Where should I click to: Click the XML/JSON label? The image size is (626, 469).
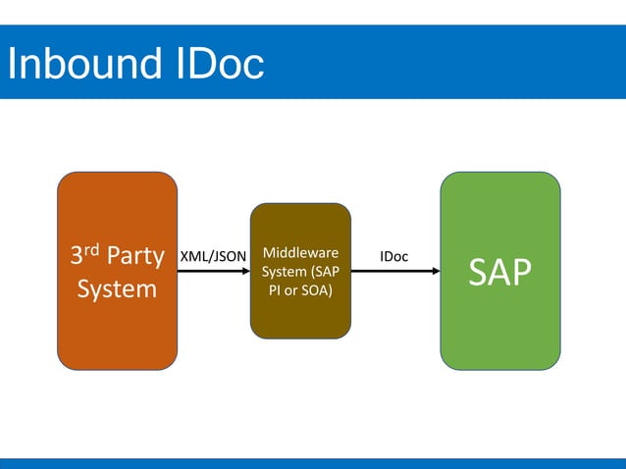pyautogui.click(x=213, y=257)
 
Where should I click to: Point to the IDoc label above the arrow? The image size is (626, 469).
pyautogui.click(x=394, y=257)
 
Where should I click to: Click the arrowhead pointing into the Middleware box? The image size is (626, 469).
pyautogui.click(x=245, y=272)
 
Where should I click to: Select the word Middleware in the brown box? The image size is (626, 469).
pyautogui.click(x=300, y=253)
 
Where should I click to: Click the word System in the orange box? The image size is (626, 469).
pyautogui.click(x=117, y=290)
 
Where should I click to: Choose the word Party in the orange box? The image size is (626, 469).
pyautogui.click(x=135, y=257)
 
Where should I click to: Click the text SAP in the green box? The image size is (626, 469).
pyautogui.click(x=499, y=274)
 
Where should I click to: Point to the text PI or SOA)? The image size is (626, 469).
pyautogui.click(x=300, y=290)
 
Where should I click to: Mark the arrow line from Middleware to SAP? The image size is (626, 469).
pyautogui.click(x=392, y=272)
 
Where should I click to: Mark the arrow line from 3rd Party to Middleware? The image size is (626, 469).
pyautogui.click(x=211, y=272)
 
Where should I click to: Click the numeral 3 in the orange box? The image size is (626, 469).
pyautogui.click(x=78, y=257)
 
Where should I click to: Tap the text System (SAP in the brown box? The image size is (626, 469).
pyautogui.click(x=300, y=272)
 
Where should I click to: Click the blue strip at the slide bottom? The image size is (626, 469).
pyautogui.click(x=313, y=463)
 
